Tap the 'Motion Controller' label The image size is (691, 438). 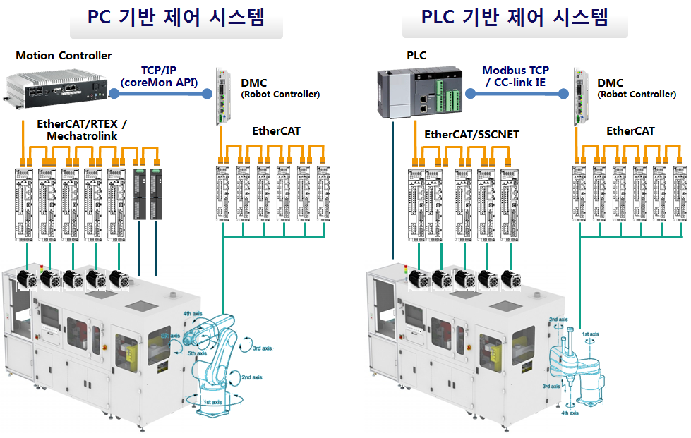(x=64, y=55)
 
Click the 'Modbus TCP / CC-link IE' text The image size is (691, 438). (x=515, y=76)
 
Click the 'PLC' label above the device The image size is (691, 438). (x=416, y=55)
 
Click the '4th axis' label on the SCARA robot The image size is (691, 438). (x=570, y=413)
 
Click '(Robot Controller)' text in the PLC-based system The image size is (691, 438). (x=636, y=94)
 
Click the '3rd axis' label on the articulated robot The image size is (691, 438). (x=262, y=348)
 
